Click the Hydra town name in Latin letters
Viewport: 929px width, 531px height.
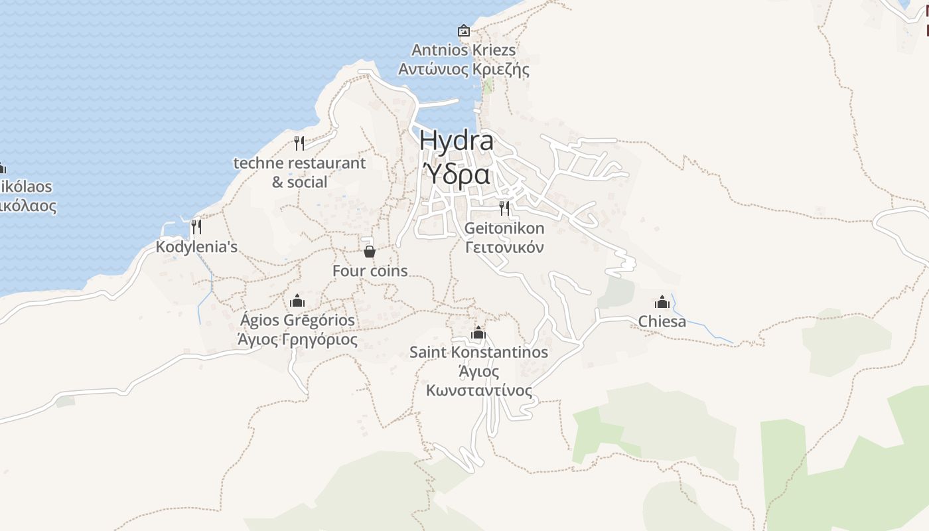point(457,141)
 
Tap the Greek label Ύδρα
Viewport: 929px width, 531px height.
point(457,174)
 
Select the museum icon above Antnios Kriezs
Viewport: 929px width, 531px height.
point(463,31)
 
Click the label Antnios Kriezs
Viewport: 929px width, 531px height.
point(463,50)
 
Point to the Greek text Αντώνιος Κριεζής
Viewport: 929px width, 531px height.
point(463,69)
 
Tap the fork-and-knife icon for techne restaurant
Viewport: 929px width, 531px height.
point(299,143)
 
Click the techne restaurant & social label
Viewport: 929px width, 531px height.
point(299,172)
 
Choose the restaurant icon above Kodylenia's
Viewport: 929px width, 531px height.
point(196,227)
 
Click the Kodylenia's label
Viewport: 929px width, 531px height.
point(196,247)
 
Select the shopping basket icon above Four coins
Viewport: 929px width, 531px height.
point(370,252)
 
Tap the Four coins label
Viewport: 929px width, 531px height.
point(370,271)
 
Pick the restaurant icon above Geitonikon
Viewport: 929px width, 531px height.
point(504,208)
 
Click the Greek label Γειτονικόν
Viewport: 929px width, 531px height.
point(504,248)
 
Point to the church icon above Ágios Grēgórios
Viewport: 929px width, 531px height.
point(297,300)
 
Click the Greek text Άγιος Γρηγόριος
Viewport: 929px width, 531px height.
point(297,340)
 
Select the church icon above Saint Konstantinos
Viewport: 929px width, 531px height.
point(478,333)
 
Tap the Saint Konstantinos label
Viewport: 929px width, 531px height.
point(478,352)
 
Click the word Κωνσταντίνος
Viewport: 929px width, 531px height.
point(478,390)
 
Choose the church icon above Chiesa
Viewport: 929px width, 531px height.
point(662,302)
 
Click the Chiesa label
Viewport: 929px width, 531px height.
point(662,322)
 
